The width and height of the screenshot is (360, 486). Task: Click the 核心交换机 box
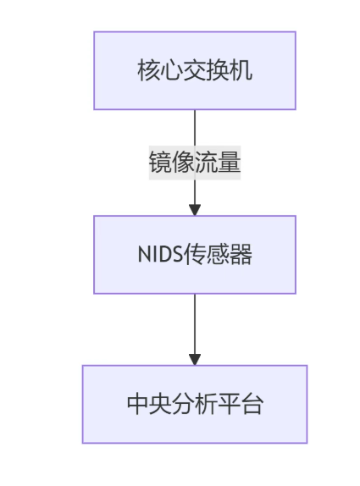pos(194,70)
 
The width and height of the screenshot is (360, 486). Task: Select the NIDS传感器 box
pos(194,254)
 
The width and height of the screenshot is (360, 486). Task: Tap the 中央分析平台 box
pos(194,404)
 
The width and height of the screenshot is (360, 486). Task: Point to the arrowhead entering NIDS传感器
pos(194,209)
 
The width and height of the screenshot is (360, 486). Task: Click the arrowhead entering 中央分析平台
pos(194,359)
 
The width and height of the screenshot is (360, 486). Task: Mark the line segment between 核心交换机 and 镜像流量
pos(194,130)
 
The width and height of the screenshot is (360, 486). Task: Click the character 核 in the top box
pos(147,71)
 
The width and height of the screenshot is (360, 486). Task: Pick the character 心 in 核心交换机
pos(171,71)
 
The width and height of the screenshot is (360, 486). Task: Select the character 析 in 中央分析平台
pos(206,405)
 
